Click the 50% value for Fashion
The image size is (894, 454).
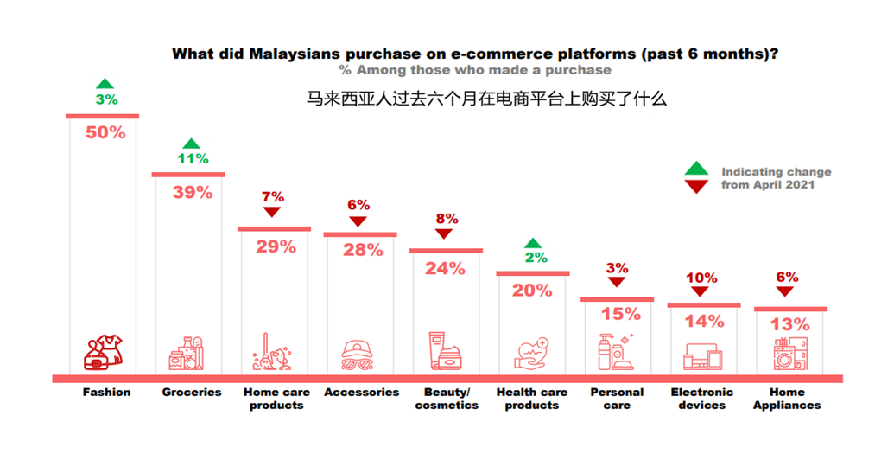[x=105, y=132]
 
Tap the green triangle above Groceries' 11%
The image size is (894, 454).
[x=192, y=144]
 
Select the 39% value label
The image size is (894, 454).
[x=193, y=193]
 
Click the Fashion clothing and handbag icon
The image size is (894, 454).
[x=103, y=352]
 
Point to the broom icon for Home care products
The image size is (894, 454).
[x=272, y=352]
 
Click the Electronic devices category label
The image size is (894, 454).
[x=702, y=399]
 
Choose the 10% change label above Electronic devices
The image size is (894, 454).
[x=701, y=278]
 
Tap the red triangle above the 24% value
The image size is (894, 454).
[x=444, y=233]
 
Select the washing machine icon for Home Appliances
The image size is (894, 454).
[x=790, y=354]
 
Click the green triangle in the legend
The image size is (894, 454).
[x=697, y=169]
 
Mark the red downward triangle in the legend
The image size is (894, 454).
[x=697, y=187]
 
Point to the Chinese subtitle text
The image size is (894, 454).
[x=486, y=99]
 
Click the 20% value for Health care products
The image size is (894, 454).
[x=532, y=291]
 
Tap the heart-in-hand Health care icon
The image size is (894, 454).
[x=531, y=354]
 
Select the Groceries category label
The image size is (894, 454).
[x=192, y=393]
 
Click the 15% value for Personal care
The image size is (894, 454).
[x=621, y=314]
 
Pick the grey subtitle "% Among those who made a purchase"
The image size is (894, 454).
[x=475, y=70]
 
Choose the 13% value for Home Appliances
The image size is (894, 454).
[x=790, y=325]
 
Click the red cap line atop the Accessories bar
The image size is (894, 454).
[x=360, y=234]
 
